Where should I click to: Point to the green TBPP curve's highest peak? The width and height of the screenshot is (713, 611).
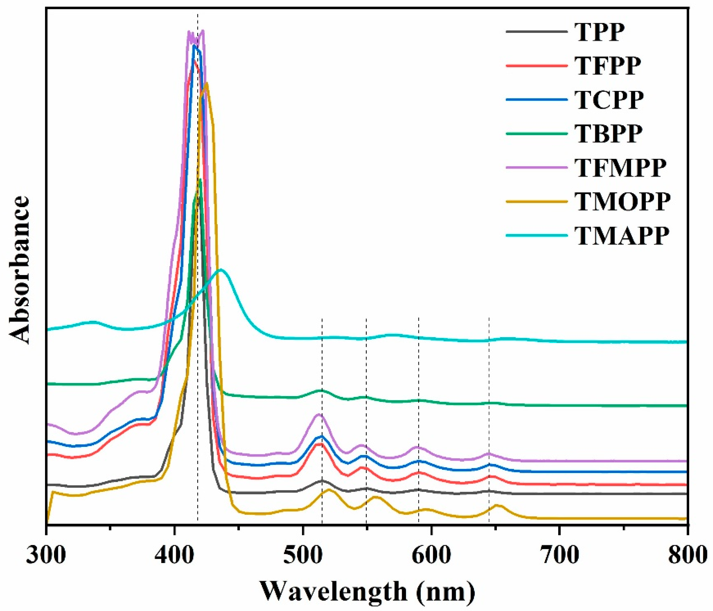point(200,180)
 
